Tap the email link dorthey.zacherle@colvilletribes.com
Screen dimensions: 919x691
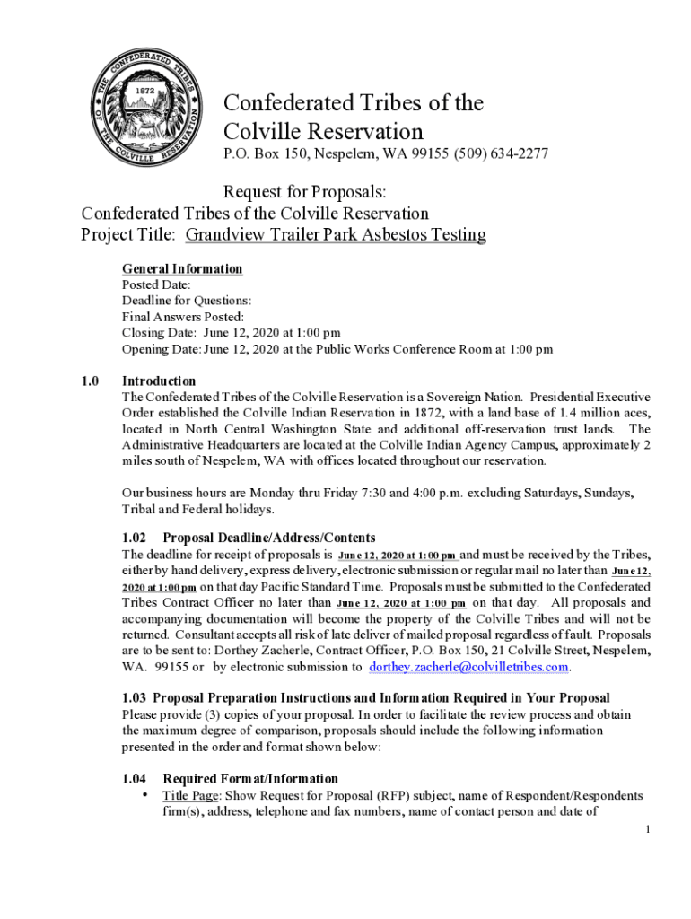(x=469, y=667)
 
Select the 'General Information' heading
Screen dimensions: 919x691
(x=182, y=268)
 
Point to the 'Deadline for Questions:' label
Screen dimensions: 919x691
(x=187, y=301)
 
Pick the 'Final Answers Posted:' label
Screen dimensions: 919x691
(x=183, y=317)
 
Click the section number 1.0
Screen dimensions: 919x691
(x=90, y=381)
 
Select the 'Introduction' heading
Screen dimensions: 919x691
(x=158, y=381)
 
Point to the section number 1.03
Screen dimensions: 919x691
(x=136, y=698)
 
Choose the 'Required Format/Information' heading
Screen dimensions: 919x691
(x=250, y=779)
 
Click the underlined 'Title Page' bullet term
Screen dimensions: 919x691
(x=190, y=796)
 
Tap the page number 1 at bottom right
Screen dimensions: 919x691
(x=646, y=828)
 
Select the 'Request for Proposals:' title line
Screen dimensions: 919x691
(x=304, y=191)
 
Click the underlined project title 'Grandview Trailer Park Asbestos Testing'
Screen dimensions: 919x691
(x=336, y=235)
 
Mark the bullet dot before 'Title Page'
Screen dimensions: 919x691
(x=145, y=796)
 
